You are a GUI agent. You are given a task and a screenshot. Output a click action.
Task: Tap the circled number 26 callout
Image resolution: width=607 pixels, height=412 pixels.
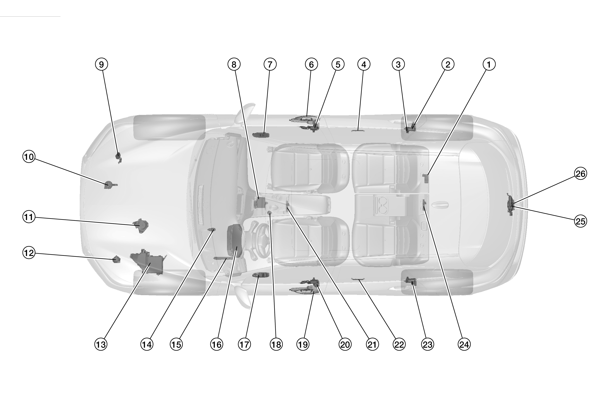point(580,174)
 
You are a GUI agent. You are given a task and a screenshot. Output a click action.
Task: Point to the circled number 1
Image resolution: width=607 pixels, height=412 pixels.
point(489,64)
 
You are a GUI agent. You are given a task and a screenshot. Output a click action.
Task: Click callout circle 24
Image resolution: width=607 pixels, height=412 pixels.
point(464,345)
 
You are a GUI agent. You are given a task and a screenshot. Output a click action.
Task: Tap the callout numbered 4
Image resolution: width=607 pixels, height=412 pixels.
point(364,64)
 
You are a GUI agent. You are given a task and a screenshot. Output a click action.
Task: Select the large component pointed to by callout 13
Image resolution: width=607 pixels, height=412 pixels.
point(148,262)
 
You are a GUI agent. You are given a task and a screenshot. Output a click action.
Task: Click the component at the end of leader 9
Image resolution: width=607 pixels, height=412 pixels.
point(118,157)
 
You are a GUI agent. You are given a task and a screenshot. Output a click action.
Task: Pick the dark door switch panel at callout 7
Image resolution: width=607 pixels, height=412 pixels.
point(261,135)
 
